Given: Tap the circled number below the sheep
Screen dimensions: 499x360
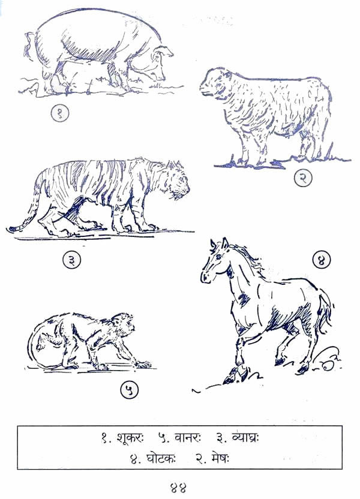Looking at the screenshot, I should [x=302, y=178].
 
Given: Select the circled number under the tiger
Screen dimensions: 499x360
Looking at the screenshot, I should [x=72, y=260].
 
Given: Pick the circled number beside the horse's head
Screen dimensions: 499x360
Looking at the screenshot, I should [x=322, y=260].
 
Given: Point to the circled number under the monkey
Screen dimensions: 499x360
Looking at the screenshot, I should [x=130, y=390].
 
